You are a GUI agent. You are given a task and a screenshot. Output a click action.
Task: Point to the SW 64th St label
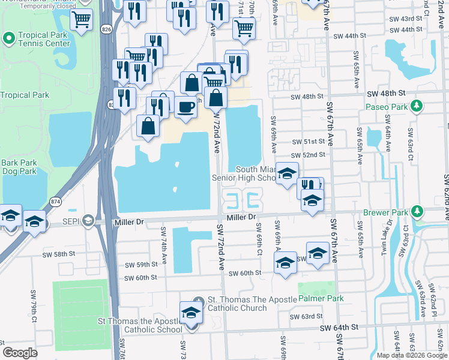(339, 327)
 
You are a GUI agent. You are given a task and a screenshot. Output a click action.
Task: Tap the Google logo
(20, 352)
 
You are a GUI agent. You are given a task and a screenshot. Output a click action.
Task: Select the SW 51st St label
(309, 142)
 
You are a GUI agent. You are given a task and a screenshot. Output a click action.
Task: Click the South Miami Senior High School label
(246, 173)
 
